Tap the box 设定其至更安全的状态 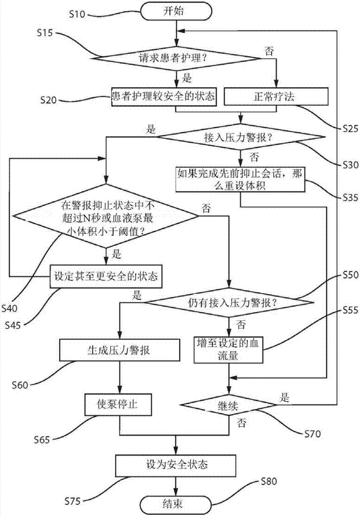pos(106,277)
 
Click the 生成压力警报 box pos(120,349)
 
